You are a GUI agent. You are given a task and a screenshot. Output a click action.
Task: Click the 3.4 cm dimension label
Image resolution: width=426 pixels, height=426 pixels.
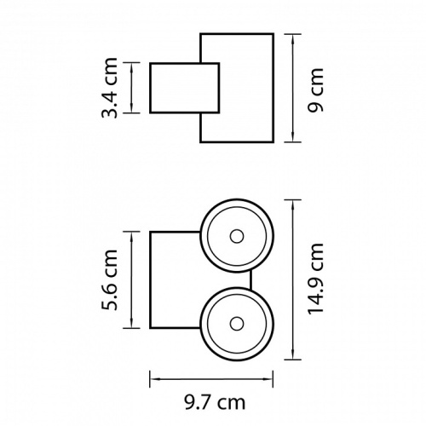click(109, 88)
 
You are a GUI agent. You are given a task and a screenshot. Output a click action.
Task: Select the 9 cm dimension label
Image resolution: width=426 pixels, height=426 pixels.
click(315, 90)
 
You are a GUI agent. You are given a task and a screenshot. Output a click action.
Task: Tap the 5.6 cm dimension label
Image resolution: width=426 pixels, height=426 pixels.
click(109, 279)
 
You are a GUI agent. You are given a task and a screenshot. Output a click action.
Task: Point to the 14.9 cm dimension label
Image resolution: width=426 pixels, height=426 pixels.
click(315, 279)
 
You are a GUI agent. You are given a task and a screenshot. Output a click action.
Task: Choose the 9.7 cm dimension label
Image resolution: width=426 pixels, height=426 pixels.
click(215, 402)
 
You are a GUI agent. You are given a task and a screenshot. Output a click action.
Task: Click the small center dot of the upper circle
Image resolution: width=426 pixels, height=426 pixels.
click(237, 236)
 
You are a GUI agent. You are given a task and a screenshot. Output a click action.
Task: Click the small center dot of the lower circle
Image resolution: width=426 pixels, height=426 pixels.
click(237, 324)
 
